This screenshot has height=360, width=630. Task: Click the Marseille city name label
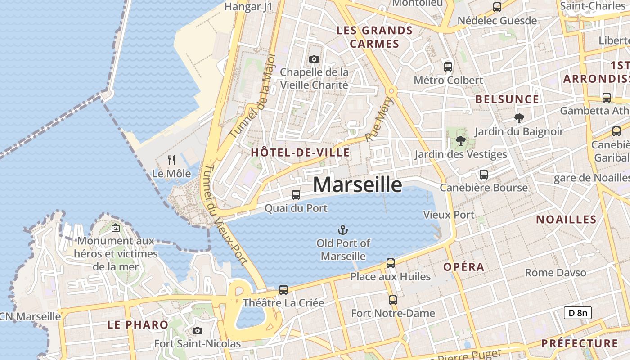(x=357, y=184)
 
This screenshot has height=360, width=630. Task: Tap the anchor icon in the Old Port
(x=343, y=230)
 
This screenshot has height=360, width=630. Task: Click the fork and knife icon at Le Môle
(x=171, y=160)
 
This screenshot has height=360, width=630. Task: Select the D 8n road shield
(x=577, y=313)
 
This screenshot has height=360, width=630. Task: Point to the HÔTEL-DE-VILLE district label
(x=300, y=153)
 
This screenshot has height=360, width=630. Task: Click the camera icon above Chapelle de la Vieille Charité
(x=314, y=59)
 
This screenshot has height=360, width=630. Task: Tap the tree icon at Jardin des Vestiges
(x=460, y=141)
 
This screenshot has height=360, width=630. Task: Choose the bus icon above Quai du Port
(x=296, y=194)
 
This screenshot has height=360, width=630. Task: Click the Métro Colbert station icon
(x=448, y=67)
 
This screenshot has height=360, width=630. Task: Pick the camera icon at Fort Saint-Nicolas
(x=197, y=331)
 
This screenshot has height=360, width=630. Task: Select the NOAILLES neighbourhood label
(x=566, y=220)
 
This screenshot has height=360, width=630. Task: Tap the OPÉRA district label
(x=463, y=267)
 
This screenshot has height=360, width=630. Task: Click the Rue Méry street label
(x=379, y=119)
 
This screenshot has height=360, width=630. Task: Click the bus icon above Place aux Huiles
(x=391, y=263)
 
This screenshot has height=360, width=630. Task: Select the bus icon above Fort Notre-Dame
(x=393, y=300)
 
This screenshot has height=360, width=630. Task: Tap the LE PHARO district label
(x=138, y=324)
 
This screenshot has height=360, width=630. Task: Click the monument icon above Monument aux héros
(x=116, y=228)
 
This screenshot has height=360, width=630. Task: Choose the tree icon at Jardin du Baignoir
(x=519, y=118)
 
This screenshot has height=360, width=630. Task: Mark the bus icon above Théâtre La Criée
(x=283, y=290)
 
